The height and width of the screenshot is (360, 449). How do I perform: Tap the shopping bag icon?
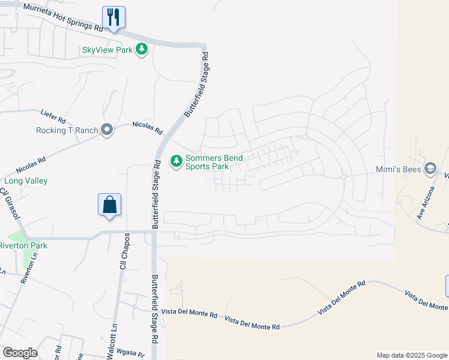coord(110,205)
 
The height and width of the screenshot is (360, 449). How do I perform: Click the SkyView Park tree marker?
coord(142,49)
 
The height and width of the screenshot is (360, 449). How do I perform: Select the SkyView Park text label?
coord(107,50)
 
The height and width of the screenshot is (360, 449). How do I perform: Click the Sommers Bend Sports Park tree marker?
coord(176,161)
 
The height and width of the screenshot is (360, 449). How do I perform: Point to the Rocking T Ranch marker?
coord(107,130)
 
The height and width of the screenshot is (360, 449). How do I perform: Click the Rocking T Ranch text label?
coord(67,130)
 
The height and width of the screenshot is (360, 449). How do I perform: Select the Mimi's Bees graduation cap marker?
coord(430,169)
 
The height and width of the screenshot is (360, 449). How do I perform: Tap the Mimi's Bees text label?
coord(397,170)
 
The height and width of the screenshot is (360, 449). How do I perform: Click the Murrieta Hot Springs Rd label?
coord(62,17)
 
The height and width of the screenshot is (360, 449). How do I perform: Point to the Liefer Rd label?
coord(53,113)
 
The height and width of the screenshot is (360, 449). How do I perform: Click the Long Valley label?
coord(26,181)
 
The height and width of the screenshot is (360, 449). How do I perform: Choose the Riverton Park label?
coord(23,245)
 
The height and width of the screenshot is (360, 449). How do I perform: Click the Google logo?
coord(20,353)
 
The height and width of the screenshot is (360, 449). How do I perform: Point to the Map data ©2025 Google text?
coord(411,355)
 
